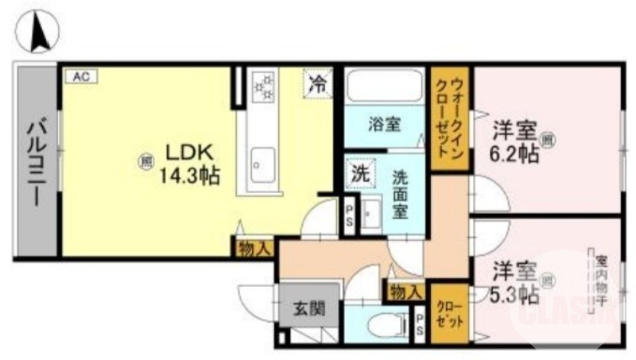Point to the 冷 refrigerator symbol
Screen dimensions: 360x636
[x=317, y=83]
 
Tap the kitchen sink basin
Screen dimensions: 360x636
[x=260, y=164]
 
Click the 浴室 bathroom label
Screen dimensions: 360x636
[x=384, y=125]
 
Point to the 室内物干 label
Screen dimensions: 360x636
[x=602, y=282]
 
